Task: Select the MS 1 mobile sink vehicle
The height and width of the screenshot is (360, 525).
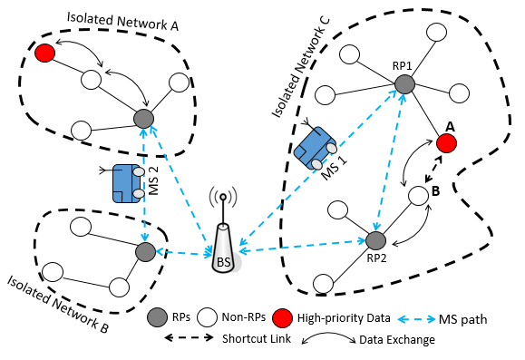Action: tap(316, 148)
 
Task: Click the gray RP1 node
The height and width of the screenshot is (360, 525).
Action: tap(405, 83)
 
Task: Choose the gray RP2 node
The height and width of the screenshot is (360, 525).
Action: tap(376, 240)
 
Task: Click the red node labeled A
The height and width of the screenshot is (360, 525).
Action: tap(444, 142)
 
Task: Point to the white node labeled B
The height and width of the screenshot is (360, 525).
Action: tap(417, 195)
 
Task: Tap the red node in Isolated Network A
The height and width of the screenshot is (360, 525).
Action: tap(44, 54)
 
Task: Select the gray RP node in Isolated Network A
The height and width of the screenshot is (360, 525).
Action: tap(142, 118)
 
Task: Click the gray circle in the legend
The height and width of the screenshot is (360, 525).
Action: tap(158, 317)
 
